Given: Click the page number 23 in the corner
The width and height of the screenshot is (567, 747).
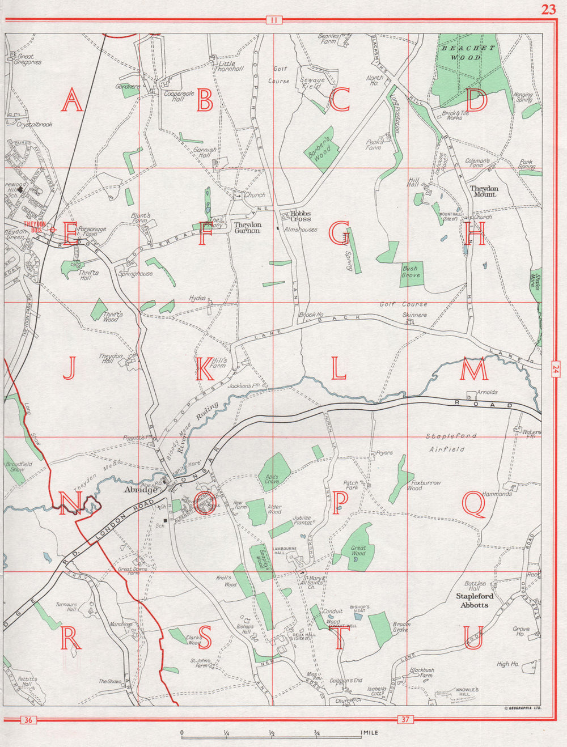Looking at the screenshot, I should click(548, 9).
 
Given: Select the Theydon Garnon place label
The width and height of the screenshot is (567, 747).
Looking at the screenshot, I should click(247, 228).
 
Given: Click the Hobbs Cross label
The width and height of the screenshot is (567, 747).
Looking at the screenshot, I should click(301, 216).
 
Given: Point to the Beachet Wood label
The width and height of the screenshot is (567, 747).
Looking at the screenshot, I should click(468, 53).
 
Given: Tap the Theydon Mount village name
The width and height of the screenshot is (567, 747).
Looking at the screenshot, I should click(484, 191).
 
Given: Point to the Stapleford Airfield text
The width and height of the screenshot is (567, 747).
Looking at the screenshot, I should click(451, 443).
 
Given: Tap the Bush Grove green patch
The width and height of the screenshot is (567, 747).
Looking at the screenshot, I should click(411, 272).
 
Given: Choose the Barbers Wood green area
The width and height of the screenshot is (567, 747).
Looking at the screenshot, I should click(321, 147).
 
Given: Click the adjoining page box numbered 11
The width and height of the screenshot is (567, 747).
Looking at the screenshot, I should click(273, 21).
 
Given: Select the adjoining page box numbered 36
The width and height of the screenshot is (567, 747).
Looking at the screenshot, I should click(27, 720).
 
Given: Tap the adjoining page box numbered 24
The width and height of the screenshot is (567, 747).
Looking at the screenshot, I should click(554, 370).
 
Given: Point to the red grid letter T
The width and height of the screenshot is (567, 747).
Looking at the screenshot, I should click(338, 639).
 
